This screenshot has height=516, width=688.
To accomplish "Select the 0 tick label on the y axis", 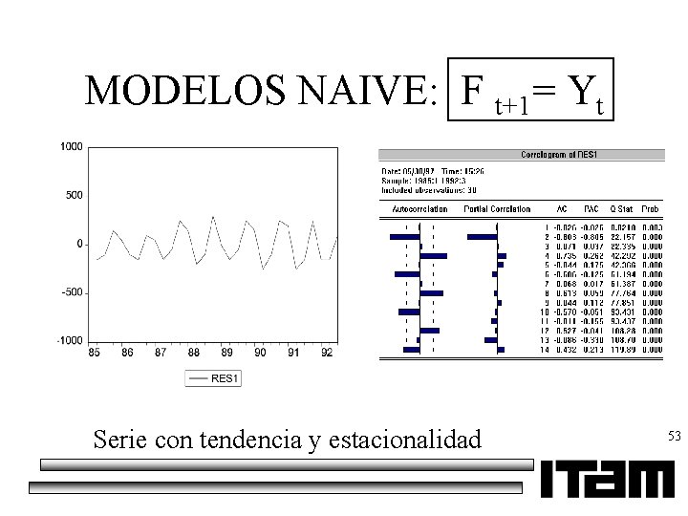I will [80, 244].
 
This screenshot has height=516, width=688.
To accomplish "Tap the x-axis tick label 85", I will [95, 353].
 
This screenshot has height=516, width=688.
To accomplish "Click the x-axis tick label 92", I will [326, 353].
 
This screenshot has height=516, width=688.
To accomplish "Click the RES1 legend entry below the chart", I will [213, 378].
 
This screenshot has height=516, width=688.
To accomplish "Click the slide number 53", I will [675, 437].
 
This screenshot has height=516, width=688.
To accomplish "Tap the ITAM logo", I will [607, 479].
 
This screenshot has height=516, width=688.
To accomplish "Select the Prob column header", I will [652, 209].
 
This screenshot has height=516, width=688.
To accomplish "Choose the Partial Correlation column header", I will [497, 209].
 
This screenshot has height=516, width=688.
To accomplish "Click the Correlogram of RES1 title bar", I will [559, 154].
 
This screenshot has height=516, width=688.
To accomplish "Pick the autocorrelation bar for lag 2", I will [404, 236].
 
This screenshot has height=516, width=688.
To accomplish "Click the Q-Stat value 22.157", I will [624, 236].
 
